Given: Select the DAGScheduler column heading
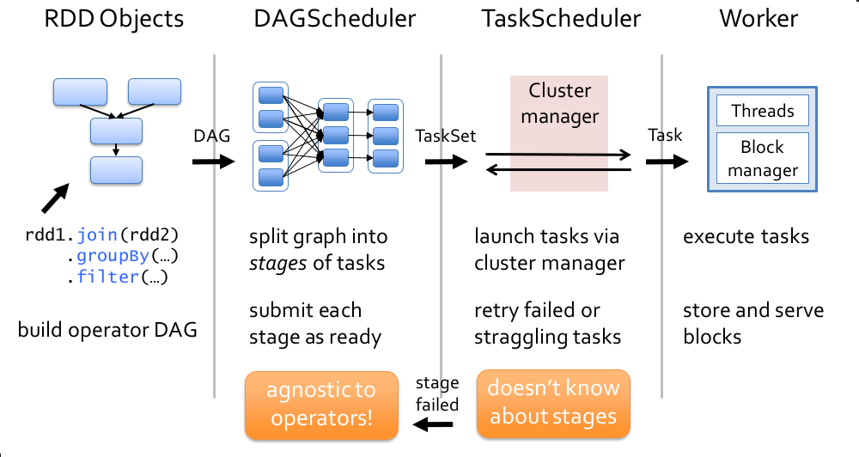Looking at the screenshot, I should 323,20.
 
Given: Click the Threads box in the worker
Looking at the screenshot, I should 762,110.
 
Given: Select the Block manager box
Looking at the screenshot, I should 762,158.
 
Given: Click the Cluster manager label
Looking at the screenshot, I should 559,103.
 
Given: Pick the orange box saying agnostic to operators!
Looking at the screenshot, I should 321,404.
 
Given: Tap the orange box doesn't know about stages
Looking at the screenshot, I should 552,404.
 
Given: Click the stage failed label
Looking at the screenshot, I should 437,393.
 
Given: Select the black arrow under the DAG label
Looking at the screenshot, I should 213,161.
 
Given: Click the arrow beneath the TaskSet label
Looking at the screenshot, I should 445,161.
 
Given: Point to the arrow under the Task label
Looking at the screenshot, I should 667,161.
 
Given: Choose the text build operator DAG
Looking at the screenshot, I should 107,329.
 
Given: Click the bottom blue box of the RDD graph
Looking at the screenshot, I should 117,170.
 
